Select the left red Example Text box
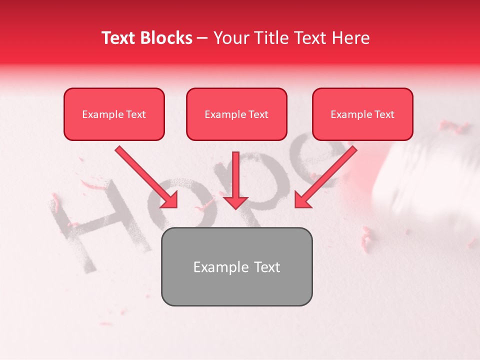[x=114, y=114]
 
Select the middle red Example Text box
[x=236, y=114]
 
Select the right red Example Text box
[x=362, y=114]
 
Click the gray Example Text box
[x=236, y=266]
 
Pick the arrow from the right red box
[x=327, y=175]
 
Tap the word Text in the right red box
[x=384, y=114]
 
